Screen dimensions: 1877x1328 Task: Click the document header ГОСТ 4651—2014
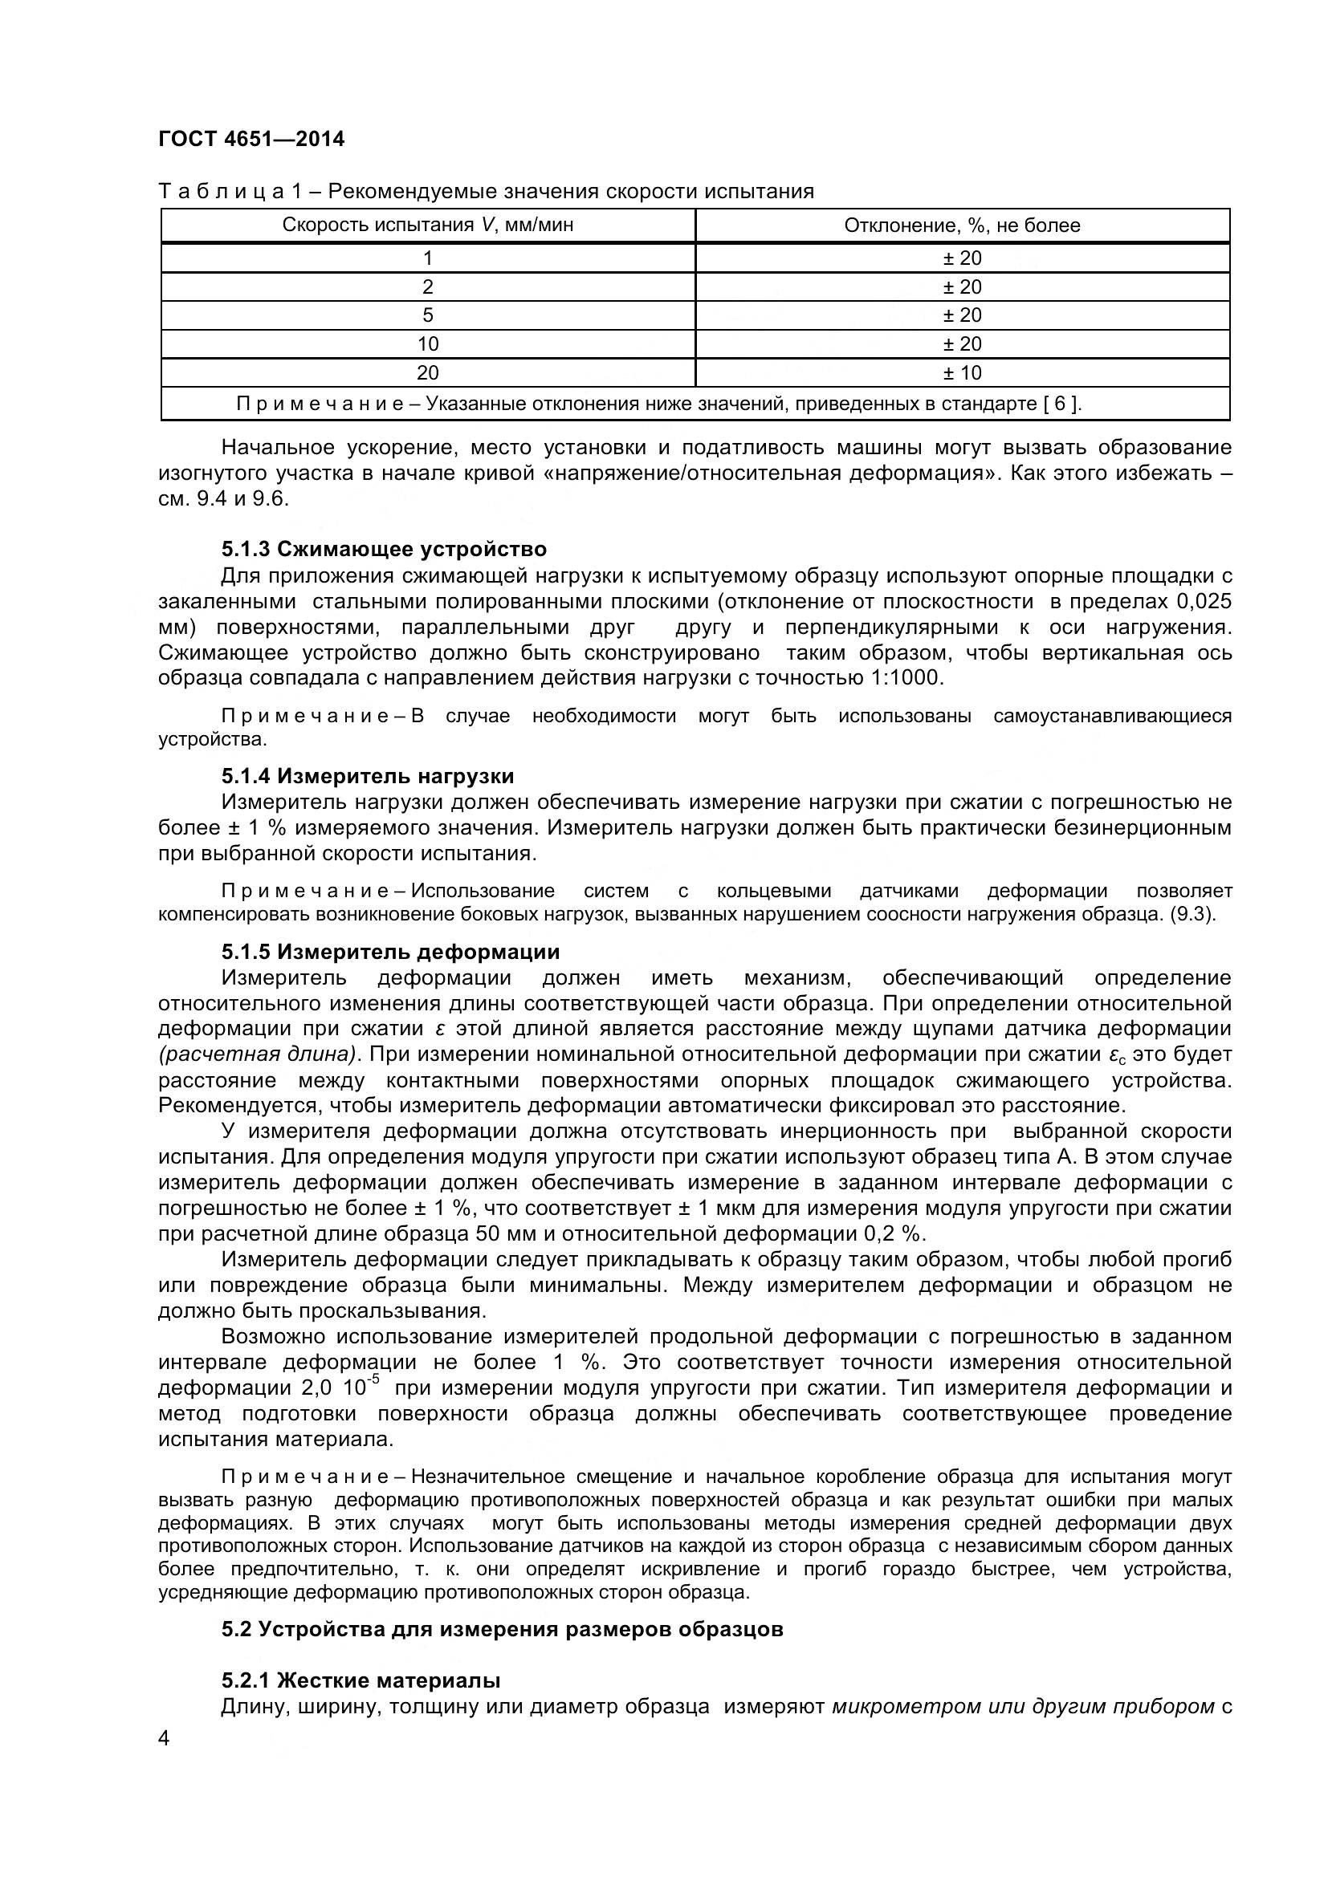(251, 139)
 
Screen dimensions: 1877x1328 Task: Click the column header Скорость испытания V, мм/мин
(428, 225)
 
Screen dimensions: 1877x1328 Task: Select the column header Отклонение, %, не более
(962, 225)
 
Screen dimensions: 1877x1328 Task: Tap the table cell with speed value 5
(428, 315)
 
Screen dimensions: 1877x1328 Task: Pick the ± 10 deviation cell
(962, 373)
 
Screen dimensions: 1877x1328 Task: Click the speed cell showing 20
(428, 373)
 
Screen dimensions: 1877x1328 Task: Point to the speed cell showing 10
(428, 344)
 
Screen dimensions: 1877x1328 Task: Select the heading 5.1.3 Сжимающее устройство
(384, 549)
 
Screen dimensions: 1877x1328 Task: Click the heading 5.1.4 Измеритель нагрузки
(367, 776)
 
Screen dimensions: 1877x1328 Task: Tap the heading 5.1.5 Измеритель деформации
(390, 952)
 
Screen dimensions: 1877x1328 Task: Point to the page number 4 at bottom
(164, 1739)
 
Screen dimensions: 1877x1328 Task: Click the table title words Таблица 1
(230, 191)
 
